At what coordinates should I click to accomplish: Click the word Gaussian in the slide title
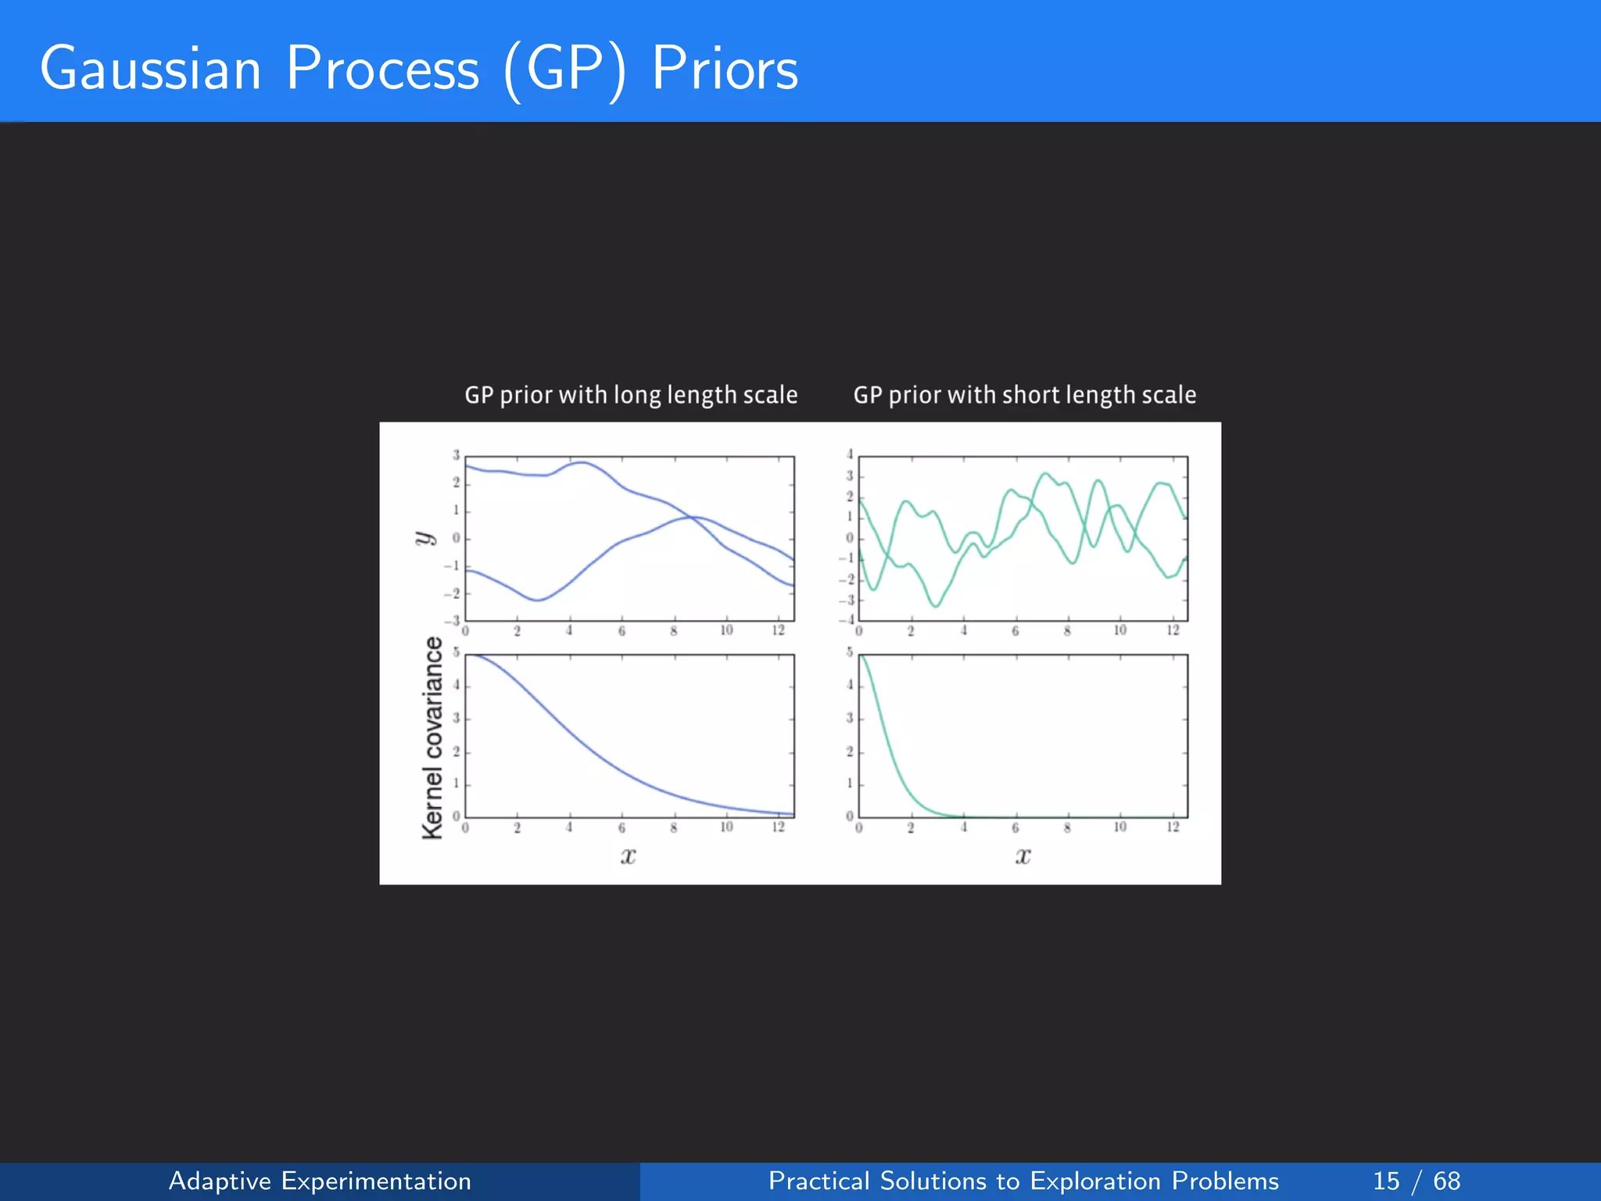tap(150, 69)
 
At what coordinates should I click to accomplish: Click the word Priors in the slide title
tap(725, 69)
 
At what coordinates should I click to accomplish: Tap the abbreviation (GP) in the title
tap(564, 70)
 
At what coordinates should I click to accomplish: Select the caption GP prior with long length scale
tap(631, 395)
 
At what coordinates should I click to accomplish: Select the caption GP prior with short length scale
tap(1024, 395)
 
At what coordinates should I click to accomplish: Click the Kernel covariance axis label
tap(432, 738)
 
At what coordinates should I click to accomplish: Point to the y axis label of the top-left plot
tap(424, 538)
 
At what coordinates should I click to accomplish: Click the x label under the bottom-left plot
tap(628, 856)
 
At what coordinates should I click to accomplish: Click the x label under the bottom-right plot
tap(1023, 856)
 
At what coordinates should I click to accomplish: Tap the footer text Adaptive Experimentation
tap(320, 1181)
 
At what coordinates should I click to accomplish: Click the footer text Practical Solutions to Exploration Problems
tap(1023, 1181)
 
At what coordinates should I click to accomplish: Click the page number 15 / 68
tap(1416, 1181)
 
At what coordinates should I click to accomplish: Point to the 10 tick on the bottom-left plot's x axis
tap(726, 827)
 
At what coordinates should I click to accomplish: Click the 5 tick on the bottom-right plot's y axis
tap(850, 652)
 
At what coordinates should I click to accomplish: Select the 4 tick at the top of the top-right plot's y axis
tap(850, 454)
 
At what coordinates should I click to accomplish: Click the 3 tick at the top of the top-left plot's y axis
tap(457, 455)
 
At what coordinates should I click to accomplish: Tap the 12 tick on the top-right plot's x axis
tap(1173, 630)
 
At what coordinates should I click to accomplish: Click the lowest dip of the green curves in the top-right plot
tap(936, 606)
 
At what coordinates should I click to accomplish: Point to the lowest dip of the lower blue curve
tap(538, 600)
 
